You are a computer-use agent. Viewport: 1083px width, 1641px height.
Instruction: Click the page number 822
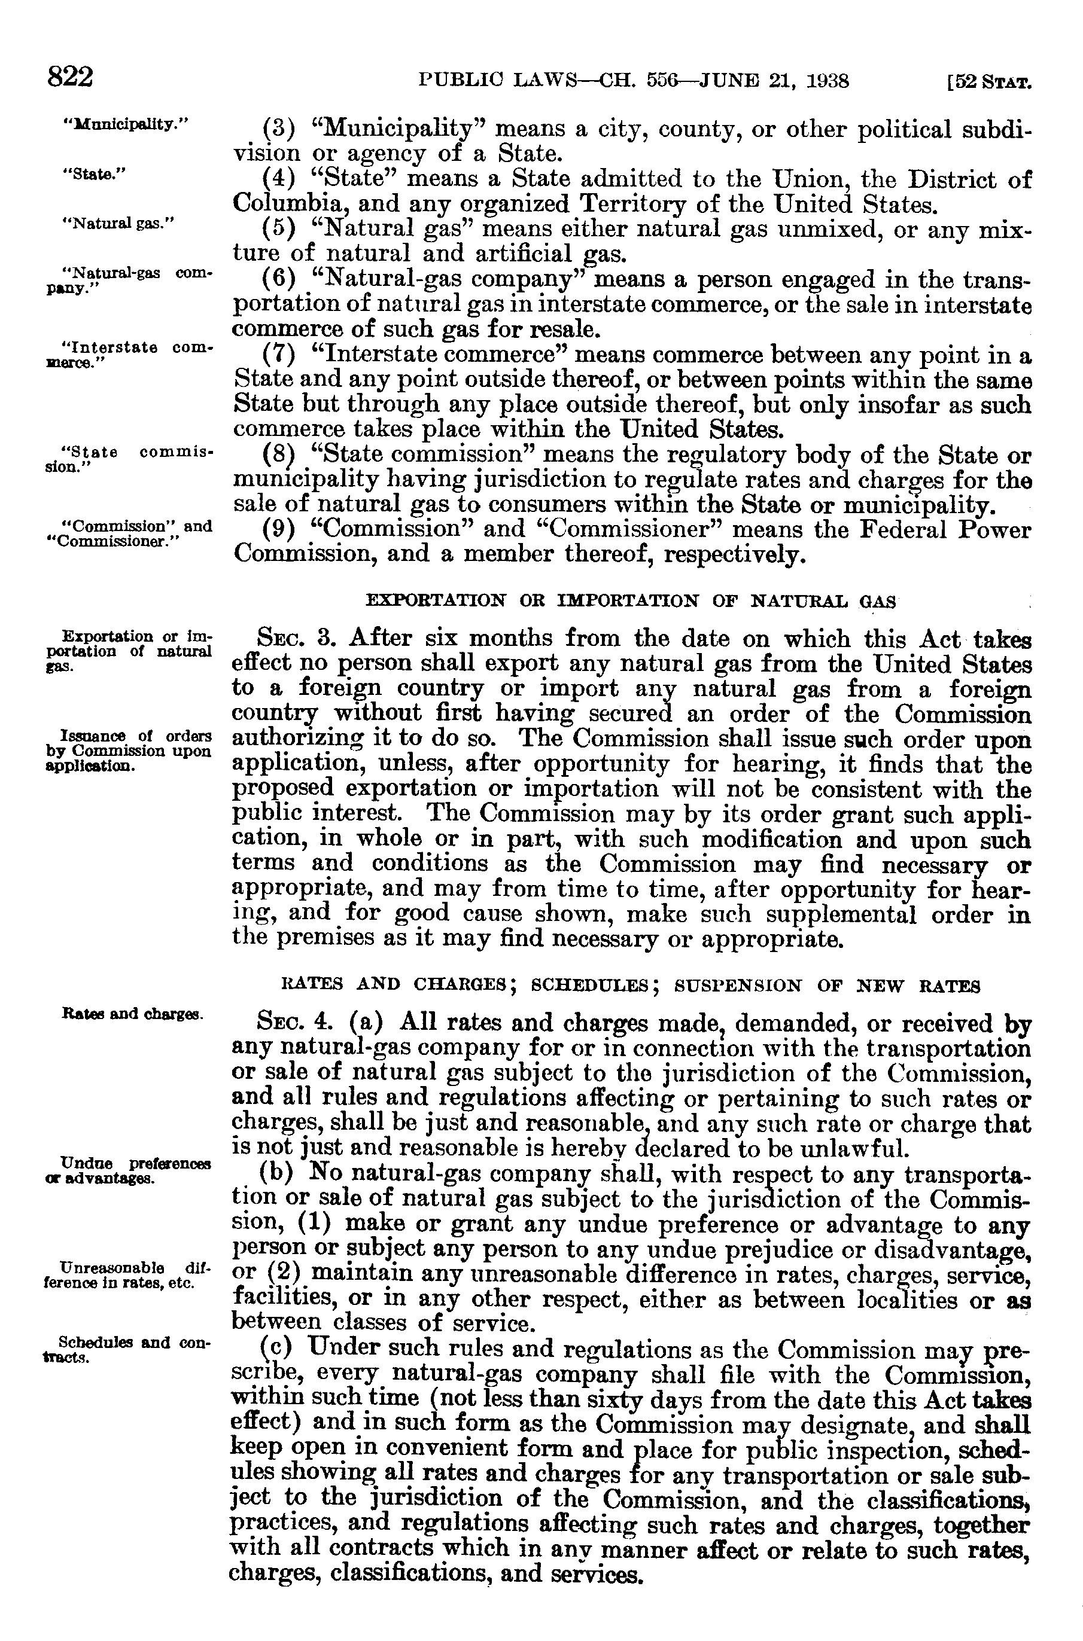pos(70,77)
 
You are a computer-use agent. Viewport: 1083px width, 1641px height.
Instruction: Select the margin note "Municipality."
pos(126,125)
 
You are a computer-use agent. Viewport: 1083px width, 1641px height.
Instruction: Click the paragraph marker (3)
pos(279,129)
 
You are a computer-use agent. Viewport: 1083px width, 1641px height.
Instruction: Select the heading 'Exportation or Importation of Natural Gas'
pos(630,600)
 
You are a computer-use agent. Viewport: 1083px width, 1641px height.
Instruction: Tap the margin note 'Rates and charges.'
pos(132,1014)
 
